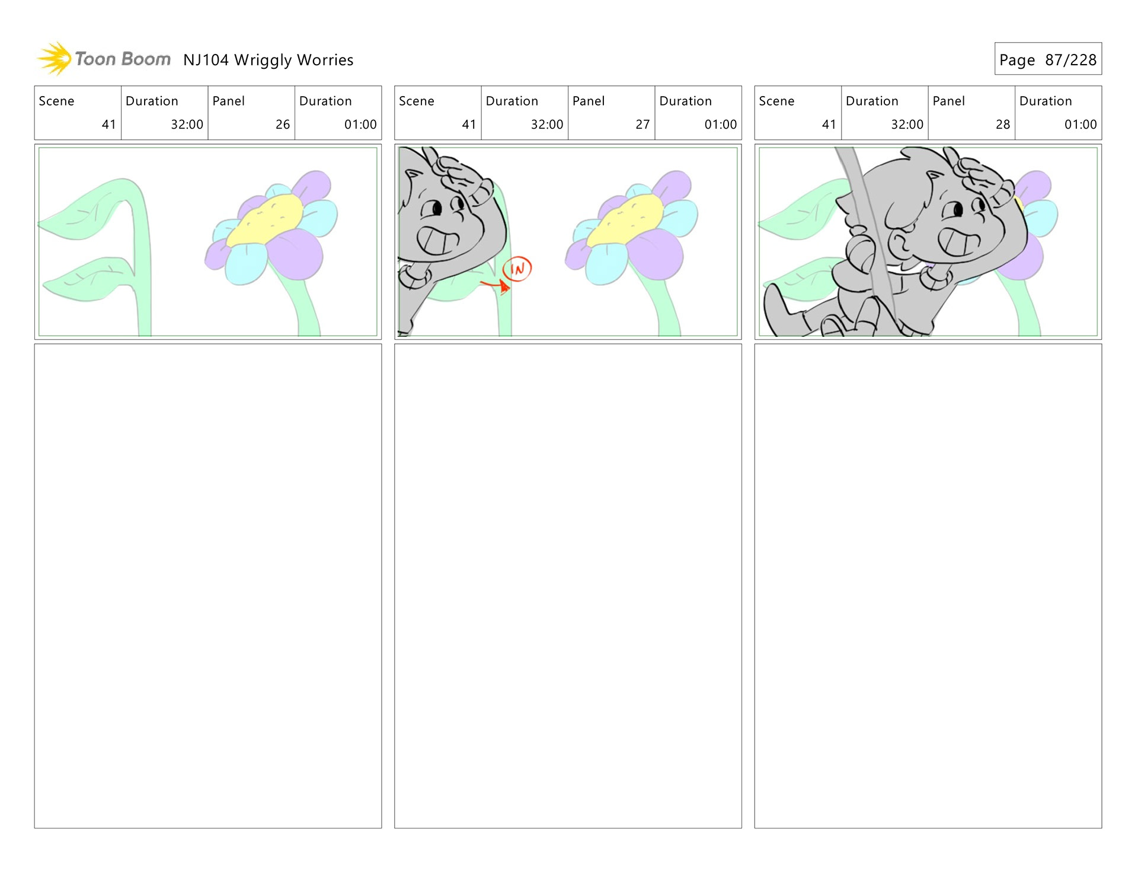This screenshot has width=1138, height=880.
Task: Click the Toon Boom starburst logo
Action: pyautogui.click(x=55, y=59)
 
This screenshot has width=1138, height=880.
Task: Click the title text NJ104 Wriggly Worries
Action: pyautogui.click(x=268, y=60)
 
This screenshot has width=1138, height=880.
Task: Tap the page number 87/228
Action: pyautogui.click(x=1070, y=60)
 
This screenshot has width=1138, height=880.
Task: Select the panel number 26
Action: pyautogui.click(x=283, y=125)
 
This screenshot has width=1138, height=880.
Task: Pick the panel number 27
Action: pyautogui.click(x=642, y=125)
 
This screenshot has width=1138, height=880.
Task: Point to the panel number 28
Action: pyautogui.click(x=1003, y=125)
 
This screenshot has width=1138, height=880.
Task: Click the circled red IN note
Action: pyautogui.click(x=517, y=269)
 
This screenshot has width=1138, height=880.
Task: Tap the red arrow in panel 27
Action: pyautogui.click(x=496, y=286)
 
